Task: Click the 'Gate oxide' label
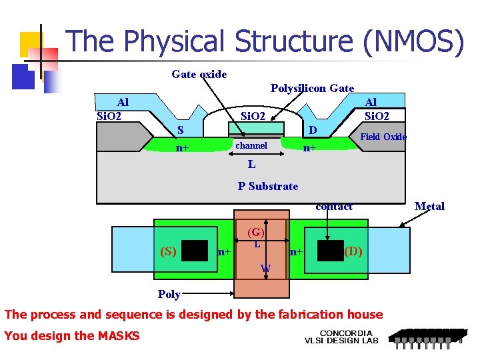(x=199, y=74)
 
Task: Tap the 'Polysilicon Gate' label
(x=312, y=88)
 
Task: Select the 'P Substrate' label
(x=268, y=186)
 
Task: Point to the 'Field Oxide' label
(x=383, y=137)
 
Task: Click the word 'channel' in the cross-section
(x=251, y=145)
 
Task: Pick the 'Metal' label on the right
(x=429, y=206)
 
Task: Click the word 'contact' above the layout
(x=334, y=207)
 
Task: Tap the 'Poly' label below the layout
(x=169, y=294)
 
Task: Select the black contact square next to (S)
(x=195, y=251)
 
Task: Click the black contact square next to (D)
(x=330, y=251)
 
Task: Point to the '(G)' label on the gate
(x=256, y=233)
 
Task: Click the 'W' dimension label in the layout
(x=265, y=269)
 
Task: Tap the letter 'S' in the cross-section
(x=180, y=129)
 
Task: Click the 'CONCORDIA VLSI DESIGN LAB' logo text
(x=341, y=337)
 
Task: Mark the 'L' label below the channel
(x=251, y=163)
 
